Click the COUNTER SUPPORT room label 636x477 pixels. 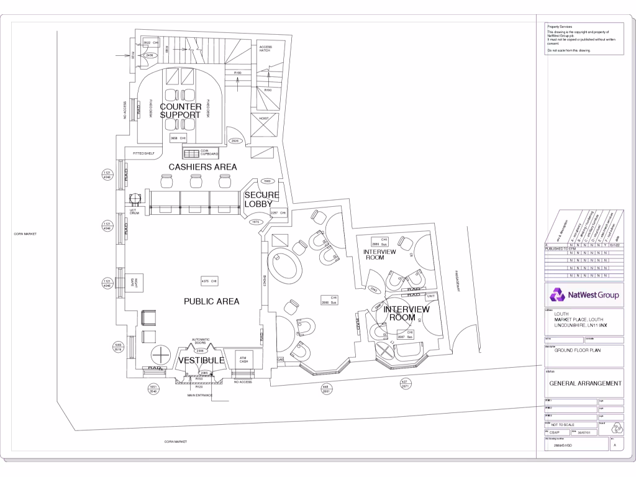pos(180,111)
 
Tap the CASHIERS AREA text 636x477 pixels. pos(203,166)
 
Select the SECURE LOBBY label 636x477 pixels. pos(261,199)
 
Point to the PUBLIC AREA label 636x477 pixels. pos(211,301)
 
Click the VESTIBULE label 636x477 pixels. pos(201,360)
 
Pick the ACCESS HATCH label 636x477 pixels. pos(265,48)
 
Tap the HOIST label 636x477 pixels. pos(263,117)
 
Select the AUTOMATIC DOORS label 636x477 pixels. pos(199,341)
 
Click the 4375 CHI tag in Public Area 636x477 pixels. pos(209,281)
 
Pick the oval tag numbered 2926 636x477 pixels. pos(235,141)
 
